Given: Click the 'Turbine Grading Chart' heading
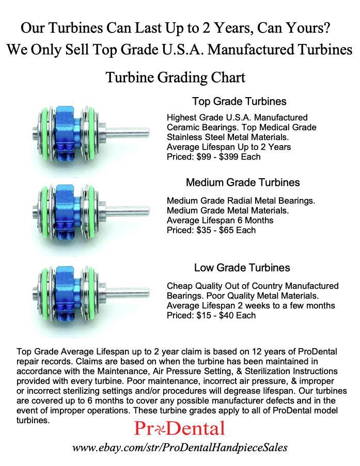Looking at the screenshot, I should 175,78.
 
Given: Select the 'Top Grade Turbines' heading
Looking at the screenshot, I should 239,101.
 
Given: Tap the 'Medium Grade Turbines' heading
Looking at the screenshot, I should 243,183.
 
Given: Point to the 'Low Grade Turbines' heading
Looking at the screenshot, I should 242,268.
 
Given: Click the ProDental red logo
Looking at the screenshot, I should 179,428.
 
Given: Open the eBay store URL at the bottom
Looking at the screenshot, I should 180,447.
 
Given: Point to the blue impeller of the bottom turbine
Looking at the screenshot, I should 66,292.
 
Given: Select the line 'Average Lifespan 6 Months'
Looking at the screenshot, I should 220,220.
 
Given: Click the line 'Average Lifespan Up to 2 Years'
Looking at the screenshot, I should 229,147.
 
